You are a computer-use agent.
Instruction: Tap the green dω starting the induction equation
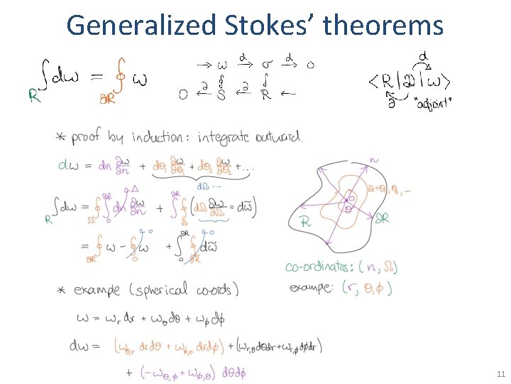coord(70,166)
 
